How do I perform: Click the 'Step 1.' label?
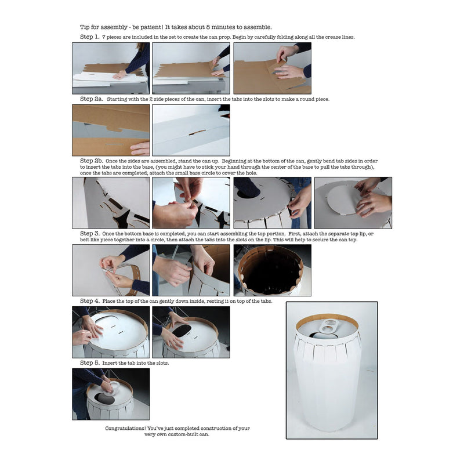[90, 37]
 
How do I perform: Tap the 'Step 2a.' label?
[92, 99]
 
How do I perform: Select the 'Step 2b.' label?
[92, 161]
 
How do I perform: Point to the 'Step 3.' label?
[90, 234]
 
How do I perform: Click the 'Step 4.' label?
[90, 301]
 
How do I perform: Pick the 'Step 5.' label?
[90, 363]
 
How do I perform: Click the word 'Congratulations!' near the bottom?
[125, 428]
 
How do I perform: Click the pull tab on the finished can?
[328, 327]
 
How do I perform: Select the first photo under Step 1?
[111, 68]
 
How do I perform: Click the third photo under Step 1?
[272, 68]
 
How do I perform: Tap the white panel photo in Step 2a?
[191, 130]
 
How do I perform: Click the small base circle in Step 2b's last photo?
[345, 200]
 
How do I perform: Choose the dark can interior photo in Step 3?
[272, 270]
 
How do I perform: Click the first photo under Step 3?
[111, 270]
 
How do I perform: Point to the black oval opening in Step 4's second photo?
[182, 331]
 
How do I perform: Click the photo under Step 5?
[111, 394]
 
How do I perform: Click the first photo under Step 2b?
[111, 203]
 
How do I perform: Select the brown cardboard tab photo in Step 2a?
[111, 130]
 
